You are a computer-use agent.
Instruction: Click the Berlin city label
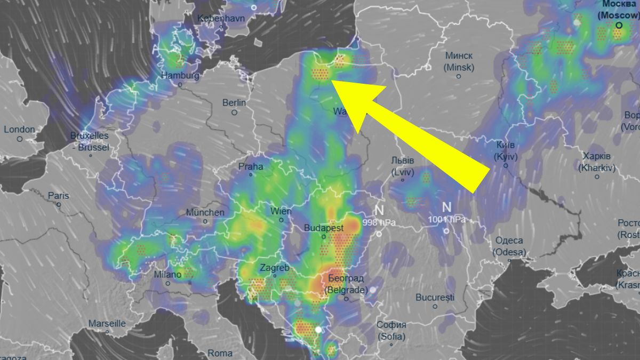click(x=234, y=102)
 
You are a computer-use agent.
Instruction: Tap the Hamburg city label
click(x=180, y=76)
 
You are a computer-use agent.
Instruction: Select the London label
click(x=19, y=129)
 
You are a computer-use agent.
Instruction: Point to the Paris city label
click(x=59, y=196)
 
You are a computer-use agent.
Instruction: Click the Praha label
click(x=251, y=166)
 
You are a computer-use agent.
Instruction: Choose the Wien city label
click(x=281, y=211)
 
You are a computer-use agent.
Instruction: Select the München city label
click(x=205, y=212)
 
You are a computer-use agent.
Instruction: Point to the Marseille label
click(x=107, y=323)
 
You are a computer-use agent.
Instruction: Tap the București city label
click(x=435, y=297)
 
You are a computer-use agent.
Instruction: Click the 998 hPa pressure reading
click(x=379, y=222)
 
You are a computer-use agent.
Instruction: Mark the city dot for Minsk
click(x=459, y=77)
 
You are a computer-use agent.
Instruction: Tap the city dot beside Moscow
click(x=619, y=25)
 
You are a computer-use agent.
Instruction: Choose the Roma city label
click(x=220, y=353)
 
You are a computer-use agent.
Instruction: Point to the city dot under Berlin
click(x=234, y=113)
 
